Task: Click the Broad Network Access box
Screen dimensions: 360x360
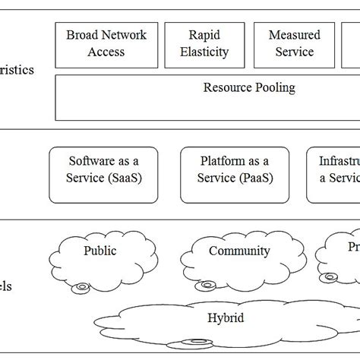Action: (x=106, y=43)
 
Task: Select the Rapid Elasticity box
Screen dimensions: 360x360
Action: (x=209, y=43)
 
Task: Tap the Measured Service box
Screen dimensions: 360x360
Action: (x=294, y=43)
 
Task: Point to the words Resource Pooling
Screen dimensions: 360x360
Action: (x=249, y=87)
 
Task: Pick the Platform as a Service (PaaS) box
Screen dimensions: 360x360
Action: (x=234, y=169)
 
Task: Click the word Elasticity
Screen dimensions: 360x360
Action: (x=209, y=52)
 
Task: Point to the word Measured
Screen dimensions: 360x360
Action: (x=294, y=35)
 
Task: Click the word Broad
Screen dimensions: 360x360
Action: (x=81, y=35)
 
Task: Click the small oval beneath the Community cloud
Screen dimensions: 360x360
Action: (x=204, y=286)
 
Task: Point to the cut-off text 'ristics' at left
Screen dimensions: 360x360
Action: (x=17, y=70)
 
